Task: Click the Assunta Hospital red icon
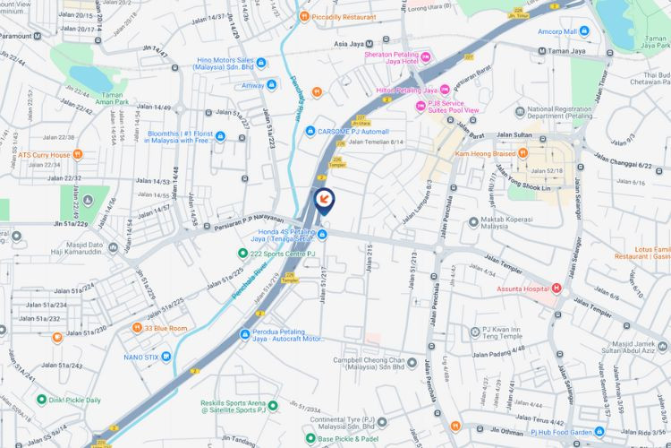tap(556, 289)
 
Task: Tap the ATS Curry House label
tap(44, 154)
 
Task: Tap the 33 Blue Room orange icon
tap(137, 328)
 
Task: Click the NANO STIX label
tap(140, 357)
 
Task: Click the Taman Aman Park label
tap(112, 98)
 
